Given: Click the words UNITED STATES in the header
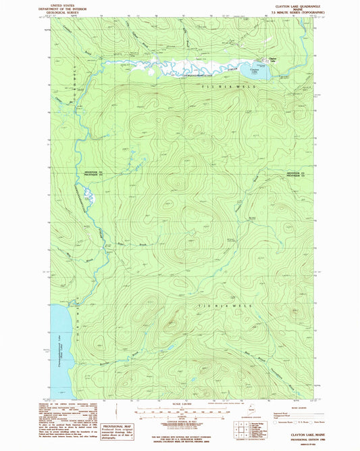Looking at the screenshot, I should pyautogui.click(x=62, y=3).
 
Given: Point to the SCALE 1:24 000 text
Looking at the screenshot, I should pyautogui.click(x=178, y=404).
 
